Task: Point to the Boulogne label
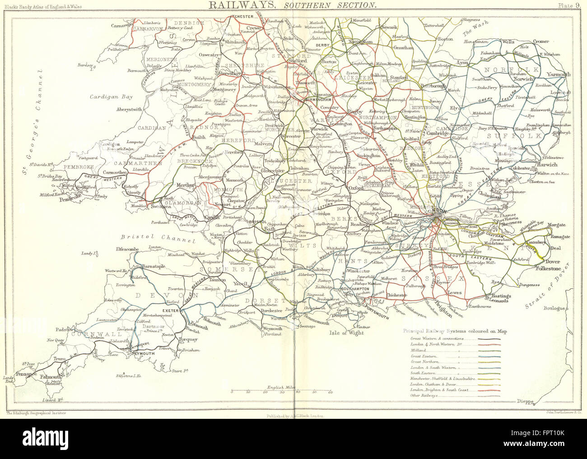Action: coord(553,309)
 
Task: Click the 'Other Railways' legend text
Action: coord(424,395)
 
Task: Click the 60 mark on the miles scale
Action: coord(330,392)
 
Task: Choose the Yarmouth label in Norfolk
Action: coord(559,74)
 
